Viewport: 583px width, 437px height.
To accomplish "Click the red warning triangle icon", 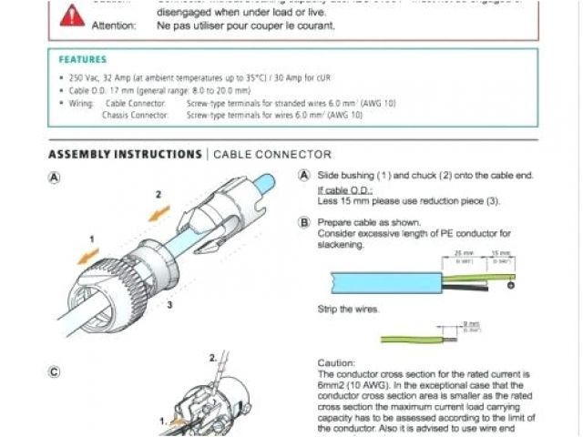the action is (72, 14).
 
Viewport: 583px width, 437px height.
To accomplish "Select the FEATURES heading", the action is (82, 59).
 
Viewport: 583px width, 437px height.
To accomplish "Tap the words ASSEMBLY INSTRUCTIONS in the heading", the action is (125, 155).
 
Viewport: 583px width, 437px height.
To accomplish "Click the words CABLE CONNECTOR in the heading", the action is (272, 155).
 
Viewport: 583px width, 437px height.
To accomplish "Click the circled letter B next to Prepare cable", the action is (304, 222).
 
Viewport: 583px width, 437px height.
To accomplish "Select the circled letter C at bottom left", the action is (56, 371).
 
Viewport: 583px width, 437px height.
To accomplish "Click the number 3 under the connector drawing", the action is (169, 306).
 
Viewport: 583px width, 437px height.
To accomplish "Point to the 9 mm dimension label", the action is (471, 324).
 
